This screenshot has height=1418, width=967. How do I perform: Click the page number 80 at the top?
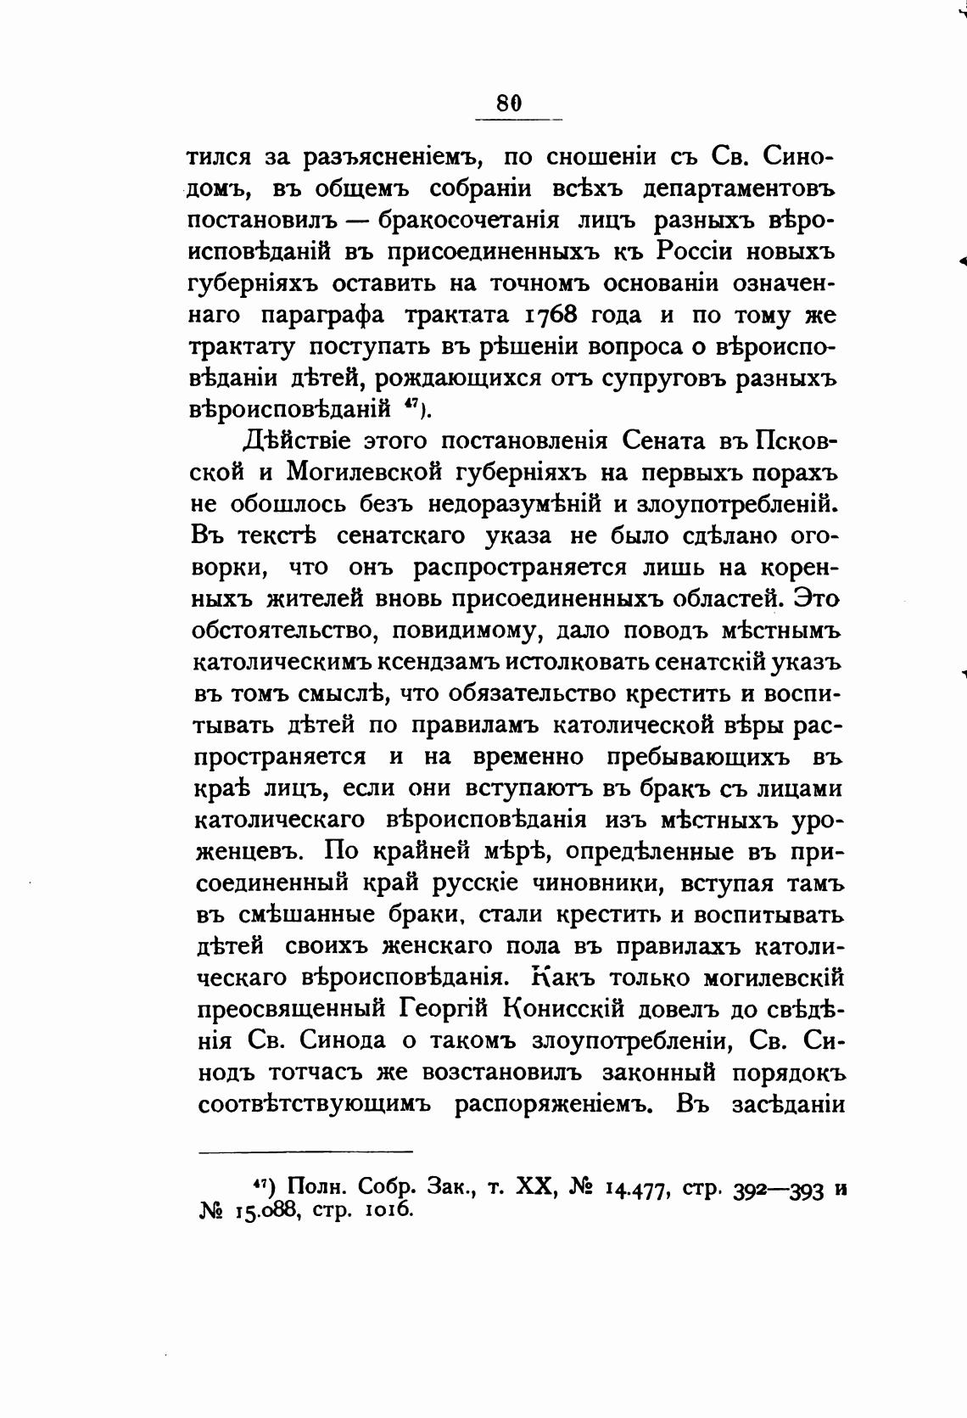[x=508, y=103]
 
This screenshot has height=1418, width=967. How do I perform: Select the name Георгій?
[x=444, y=1009]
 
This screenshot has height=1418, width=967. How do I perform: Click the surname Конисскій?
[x=565, y=1009]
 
